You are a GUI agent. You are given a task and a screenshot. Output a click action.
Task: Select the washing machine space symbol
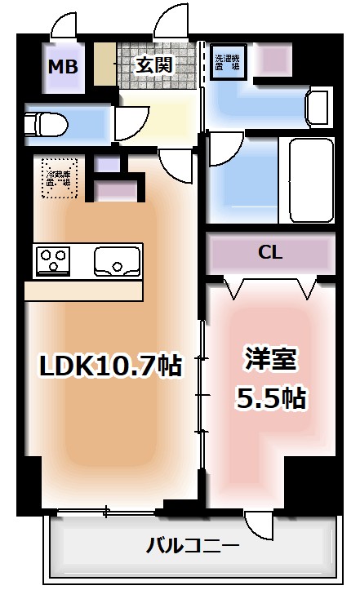pyautogui.click(x=226, y=64)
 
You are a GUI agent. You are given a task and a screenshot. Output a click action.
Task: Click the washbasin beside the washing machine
pyautogui.click(x=317, y=107)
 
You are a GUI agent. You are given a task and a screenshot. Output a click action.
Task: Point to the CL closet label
pyautogui.click(x=270, y=253)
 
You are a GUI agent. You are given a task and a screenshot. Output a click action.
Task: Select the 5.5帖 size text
pyautogui.click(x=271, y=397)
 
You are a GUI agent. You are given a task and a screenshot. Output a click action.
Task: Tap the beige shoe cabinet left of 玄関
pyautogui.click(x=104, y=63)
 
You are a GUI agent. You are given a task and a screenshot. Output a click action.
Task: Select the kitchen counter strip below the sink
pyautogui.click(x=84, y=291)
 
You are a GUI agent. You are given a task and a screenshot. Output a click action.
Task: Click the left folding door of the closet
pyautogui.click(x=235, y=287)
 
